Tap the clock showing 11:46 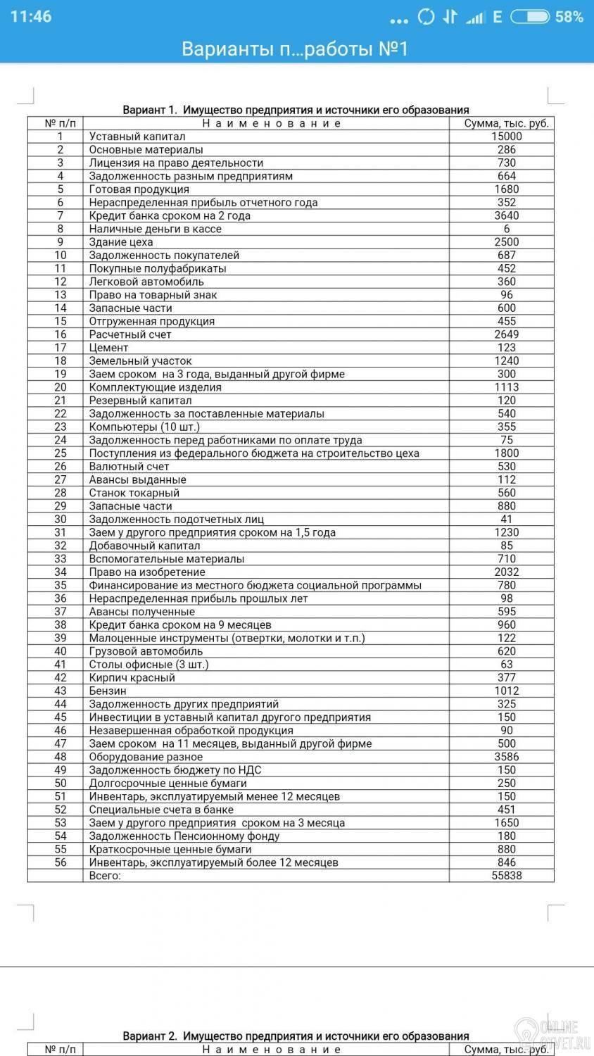[31, 16]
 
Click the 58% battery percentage [569, 17]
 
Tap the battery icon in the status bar [530, 17]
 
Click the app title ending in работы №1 [295, 49]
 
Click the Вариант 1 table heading [296, 110]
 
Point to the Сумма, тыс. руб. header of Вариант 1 [506, 123]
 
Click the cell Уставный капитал [137, 137]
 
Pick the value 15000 [506, 137]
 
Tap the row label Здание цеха [120, 242]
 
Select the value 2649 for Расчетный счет [506, 334]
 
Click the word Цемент [108, 348]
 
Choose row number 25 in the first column [61, 453]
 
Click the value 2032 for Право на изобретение [506, 572]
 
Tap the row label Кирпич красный [132, 678]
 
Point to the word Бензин [108, 691]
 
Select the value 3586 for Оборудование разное [506, 757]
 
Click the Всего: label [105, 876]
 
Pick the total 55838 [506, 876]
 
